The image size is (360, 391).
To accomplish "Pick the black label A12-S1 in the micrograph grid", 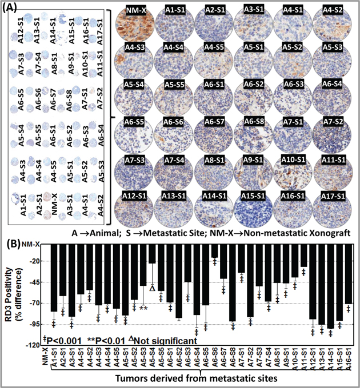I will tap(135, 196).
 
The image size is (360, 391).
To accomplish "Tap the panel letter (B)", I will tap(13, 242).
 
